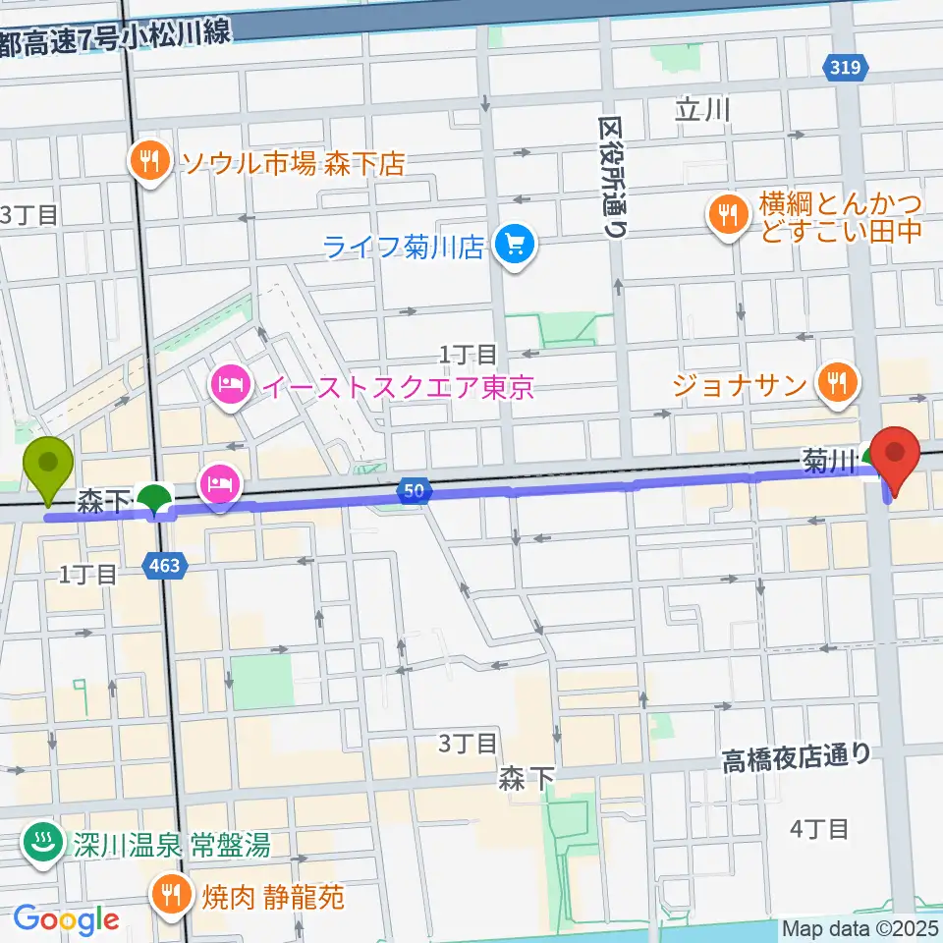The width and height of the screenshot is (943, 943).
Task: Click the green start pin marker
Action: tap(47, 469)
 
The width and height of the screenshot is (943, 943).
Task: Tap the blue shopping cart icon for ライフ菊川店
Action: tap(513, 245)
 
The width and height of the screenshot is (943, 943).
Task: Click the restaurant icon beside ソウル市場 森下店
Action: tap(149, 161)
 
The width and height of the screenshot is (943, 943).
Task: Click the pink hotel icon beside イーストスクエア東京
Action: tap(228, 383)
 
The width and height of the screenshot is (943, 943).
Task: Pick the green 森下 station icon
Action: tap(154, 502)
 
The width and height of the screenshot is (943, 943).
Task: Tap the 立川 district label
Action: tap(702, 110)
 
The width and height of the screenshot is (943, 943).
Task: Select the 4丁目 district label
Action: tap(818, 829)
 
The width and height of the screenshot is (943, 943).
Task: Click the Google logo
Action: tap(67, 919)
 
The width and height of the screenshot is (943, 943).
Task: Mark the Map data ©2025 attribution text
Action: tap(857, 927)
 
